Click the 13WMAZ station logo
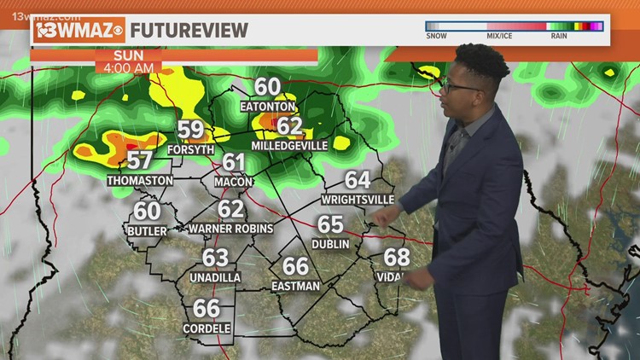79,30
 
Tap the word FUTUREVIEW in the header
189,30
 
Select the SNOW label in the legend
438,36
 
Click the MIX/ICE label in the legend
498,36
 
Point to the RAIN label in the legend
561,36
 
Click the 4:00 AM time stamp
129,67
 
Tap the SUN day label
128,54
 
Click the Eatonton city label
267,107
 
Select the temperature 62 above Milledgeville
289,126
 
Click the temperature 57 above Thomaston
140,160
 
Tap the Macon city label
233,181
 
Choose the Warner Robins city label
231,229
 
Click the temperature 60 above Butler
147,211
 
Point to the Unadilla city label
215,277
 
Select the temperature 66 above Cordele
206,308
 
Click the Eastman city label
295,287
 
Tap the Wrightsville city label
358,200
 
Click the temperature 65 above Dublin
330,224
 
